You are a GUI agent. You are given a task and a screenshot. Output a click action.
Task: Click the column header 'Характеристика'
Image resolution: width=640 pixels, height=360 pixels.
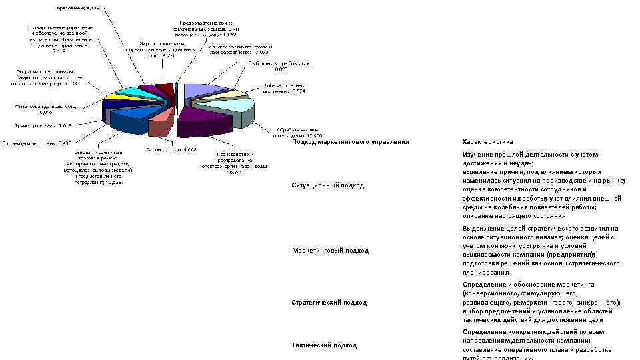487,142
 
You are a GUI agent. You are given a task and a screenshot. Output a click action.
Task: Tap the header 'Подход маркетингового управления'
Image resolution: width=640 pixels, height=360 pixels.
351,142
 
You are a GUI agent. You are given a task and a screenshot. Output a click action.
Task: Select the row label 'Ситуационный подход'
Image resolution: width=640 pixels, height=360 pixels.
328,185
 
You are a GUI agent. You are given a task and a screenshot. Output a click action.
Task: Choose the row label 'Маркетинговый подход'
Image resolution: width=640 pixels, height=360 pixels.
330,250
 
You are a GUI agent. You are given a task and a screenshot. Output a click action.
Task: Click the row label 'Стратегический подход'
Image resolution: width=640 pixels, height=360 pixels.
329,302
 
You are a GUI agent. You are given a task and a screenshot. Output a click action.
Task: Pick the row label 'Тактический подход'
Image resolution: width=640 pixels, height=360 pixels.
325,345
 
